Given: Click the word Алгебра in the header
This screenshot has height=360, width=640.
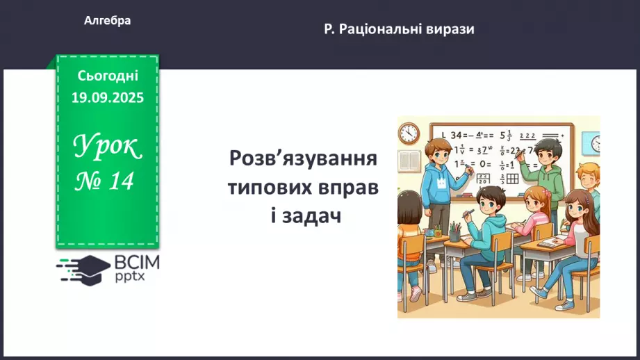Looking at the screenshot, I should pyautogui.click(x=107, y=21).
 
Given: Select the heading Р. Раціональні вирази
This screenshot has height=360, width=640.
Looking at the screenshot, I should pyautogui.click(x=399, y=29).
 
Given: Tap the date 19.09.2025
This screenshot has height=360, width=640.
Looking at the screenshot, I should pyautogui.click(x=107, y=98).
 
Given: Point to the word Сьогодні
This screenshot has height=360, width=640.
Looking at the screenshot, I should pyautogui.click(x=108, y=76).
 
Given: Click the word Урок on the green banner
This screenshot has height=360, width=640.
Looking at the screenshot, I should pyautogui.click(x=107, y=147).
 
